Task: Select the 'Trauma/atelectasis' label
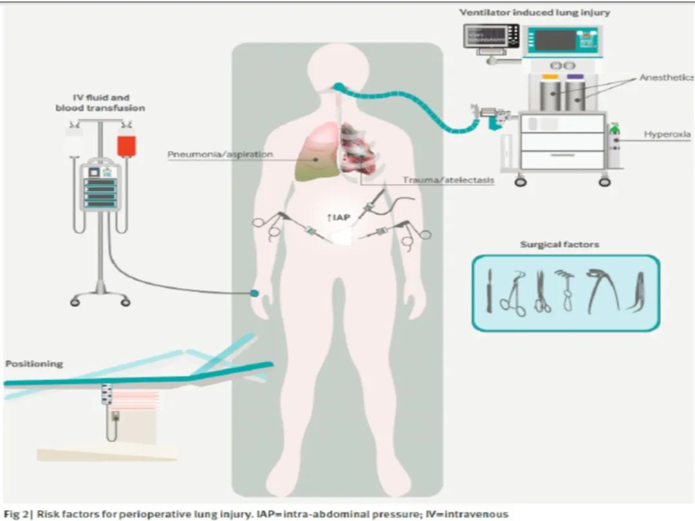click(449, 180)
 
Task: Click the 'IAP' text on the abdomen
click(339, 218)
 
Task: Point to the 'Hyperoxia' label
click(667, 134)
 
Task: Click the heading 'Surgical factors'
click(559, 244)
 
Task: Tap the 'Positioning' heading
click(34, 363)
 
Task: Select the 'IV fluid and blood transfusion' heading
click(100, 103)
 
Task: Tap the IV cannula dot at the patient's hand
click(255, 293)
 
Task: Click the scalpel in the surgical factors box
click(490, 292)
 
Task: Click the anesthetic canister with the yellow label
click(550, 93)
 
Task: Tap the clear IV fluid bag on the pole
click(74, 143)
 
